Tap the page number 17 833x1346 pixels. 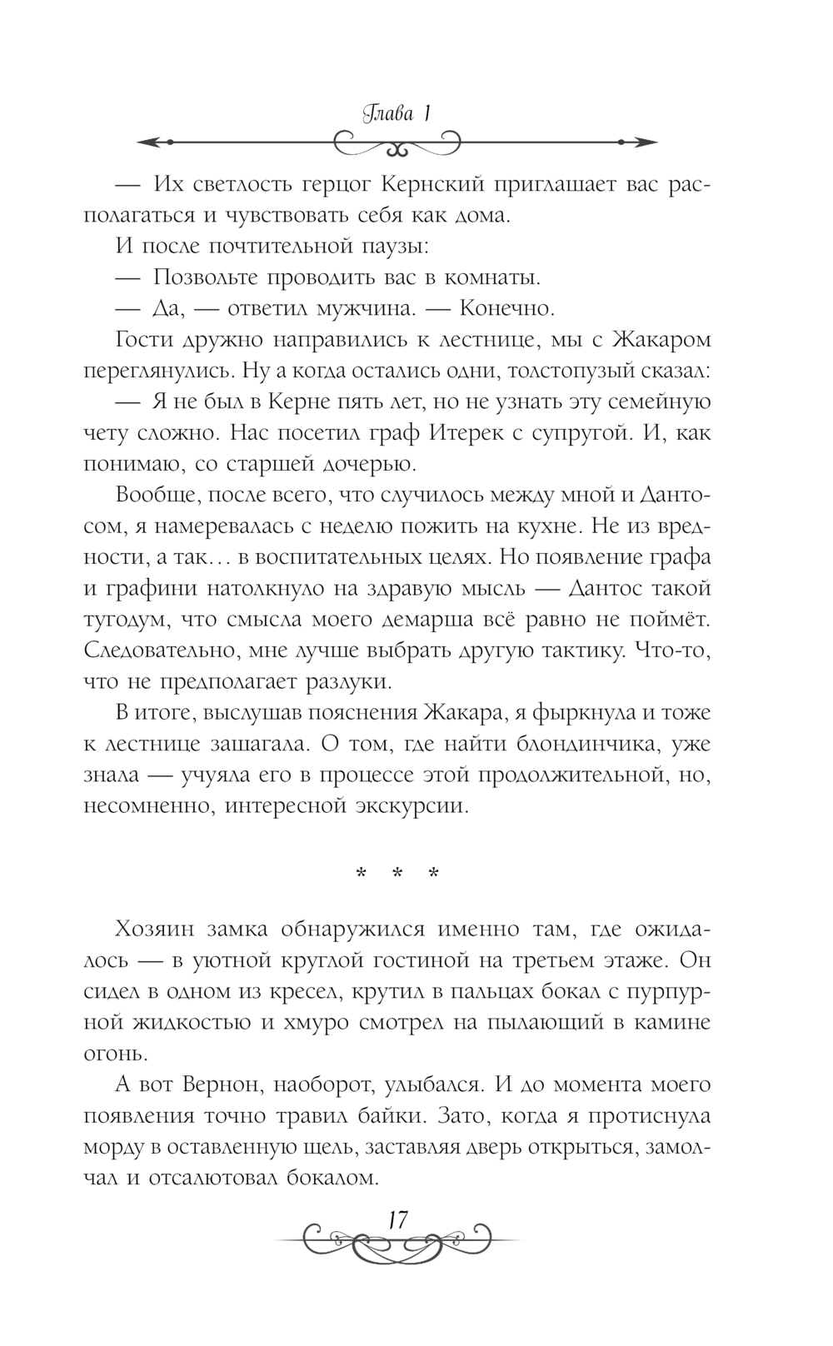coord(397,1221)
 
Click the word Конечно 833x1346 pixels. coord(507,308)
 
